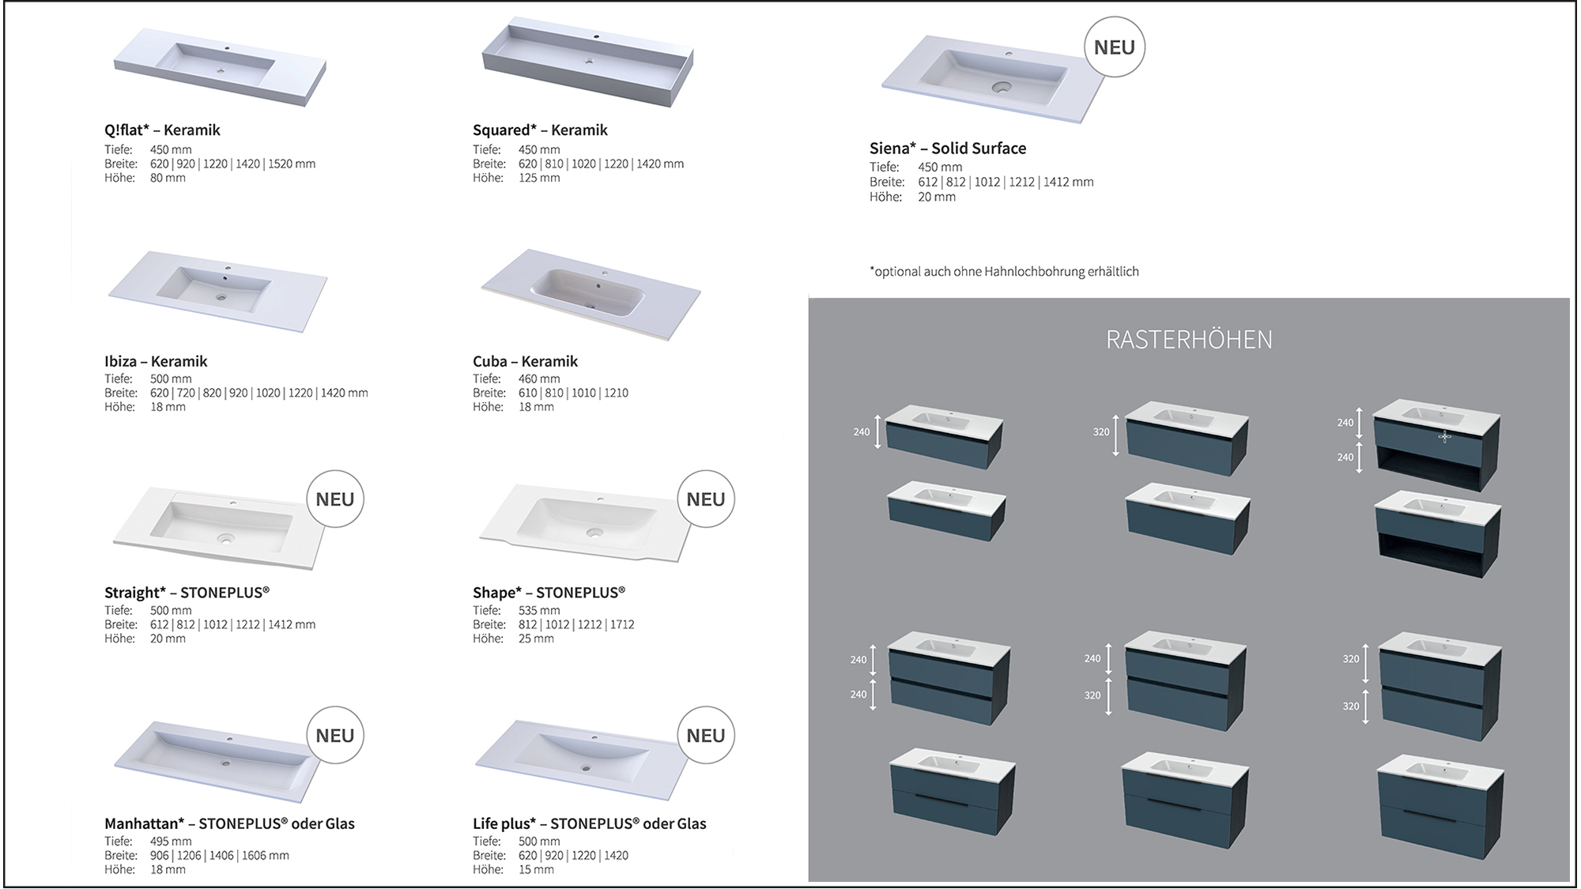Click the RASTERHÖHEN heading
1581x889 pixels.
point(1189,340)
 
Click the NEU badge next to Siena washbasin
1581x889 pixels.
point(1114,47)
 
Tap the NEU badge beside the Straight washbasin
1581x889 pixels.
point(334,499)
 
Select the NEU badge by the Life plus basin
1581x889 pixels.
point(705,736)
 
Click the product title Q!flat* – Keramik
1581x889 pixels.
point(162,130)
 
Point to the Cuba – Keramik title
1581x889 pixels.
point(525,362)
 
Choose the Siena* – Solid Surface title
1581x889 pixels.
point(947,149)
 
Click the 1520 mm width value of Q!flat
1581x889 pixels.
point(292,164)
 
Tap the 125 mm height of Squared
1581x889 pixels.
point(539,179)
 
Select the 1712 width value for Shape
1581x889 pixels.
point(621,624)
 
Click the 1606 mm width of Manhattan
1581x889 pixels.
point(265,856)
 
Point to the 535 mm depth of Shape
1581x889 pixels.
point(539,610)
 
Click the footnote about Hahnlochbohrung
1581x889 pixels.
point(1004,272)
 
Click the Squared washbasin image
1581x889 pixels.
point(587,62)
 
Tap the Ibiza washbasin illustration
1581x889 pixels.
point(217,290)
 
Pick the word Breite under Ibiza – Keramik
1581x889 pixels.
point(121,393)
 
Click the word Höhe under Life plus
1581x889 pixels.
point(488,870)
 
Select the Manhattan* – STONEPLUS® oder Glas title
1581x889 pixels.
point(229,824)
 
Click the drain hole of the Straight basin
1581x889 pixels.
point(227,539)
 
